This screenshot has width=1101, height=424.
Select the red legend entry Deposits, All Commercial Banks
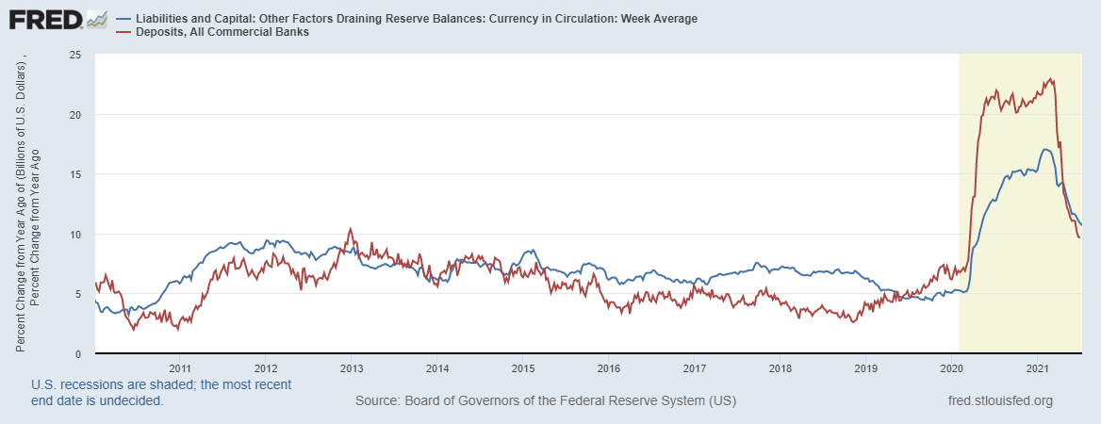221,32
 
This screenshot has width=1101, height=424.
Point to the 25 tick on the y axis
74,55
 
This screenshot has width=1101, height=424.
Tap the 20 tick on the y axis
74,114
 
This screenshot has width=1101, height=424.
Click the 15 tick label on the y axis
74,174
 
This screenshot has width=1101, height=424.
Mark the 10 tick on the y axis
74,234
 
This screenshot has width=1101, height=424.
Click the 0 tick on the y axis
77,353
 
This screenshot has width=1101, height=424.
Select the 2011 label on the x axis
180,367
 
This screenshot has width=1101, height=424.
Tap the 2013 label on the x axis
352,367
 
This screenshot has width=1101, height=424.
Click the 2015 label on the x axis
523,367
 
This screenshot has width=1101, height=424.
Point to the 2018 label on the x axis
781,367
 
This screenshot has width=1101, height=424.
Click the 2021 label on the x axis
1038,367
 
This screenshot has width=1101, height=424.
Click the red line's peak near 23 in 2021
1051,79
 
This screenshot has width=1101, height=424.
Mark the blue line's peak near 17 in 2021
1045,149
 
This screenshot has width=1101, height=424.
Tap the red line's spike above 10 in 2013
351,228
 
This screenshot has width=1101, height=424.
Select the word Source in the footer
376,401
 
